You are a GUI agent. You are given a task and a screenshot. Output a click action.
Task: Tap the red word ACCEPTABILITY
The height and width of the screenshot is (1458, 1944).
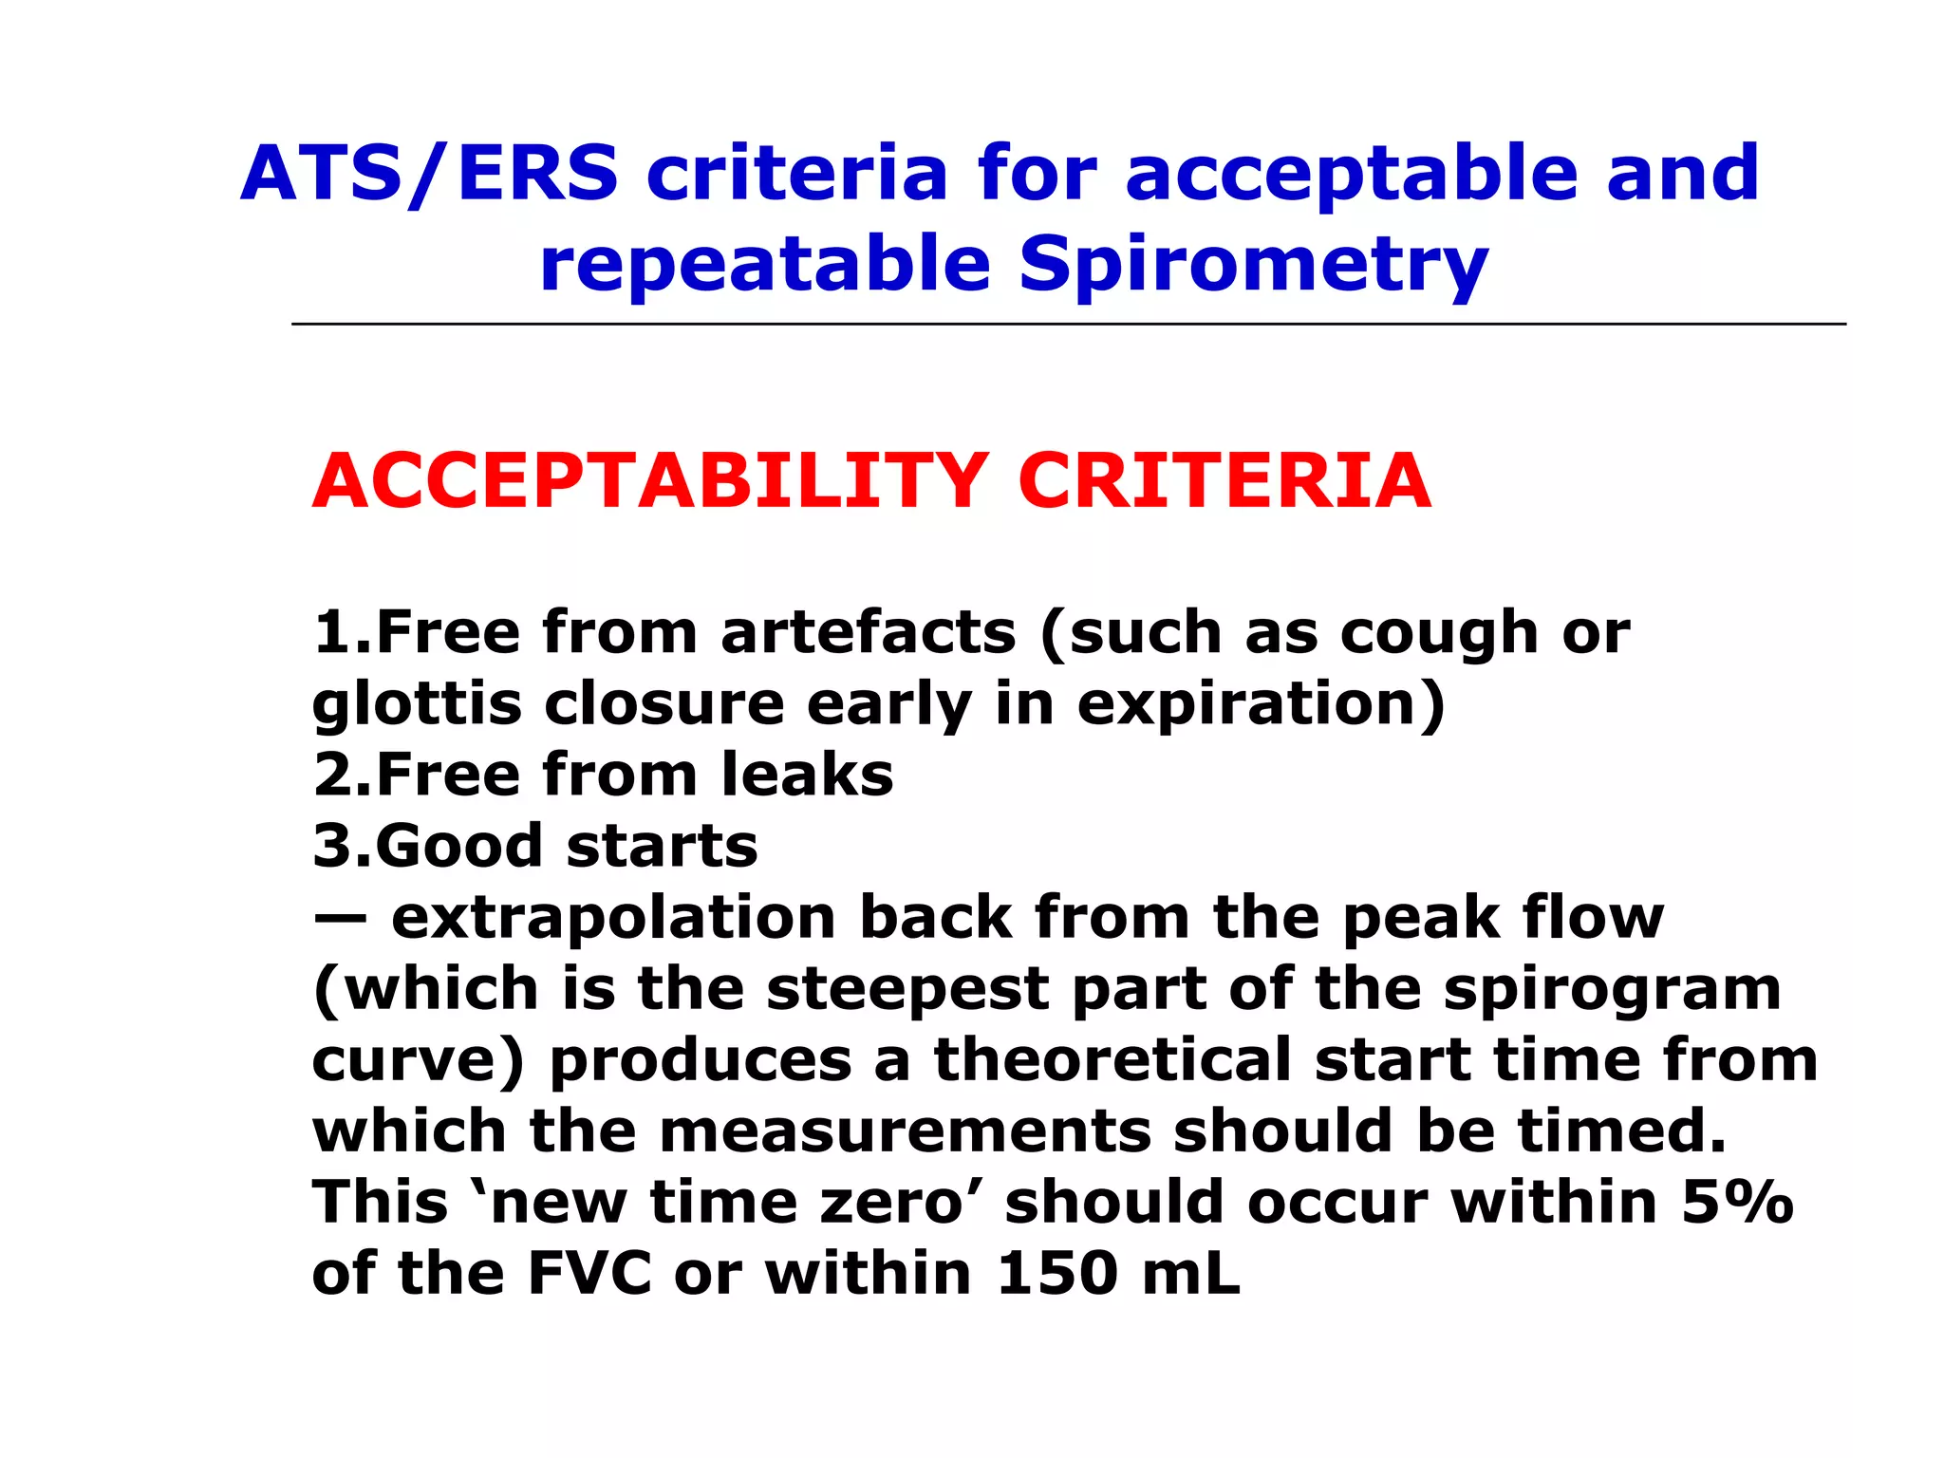click(x=651, y=481)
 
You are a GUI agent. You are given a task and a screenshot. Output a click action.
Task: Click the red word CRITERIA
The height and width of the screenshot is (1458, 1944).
click(x=1224, y=481)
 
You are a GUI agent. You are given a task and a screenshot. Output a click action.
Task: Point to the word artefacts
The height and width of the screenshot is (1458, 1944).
click(x=869, y=632)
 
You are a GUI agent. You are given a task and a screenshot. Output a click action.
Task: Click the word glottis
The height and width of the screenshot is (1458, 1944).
click(x=417, y=704)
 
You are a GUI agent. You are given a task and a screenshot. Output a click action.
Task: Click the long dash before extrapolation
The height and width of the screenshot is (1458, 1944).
click(x=339, y=918)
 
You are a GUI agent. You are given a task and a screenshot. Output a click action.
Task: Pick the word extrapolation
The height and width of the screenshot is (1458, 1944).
click(x=613, y=918)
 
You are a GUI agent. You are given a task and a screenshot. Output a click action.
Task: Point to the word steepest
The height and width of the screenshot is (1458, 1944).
click(x=907, y=989)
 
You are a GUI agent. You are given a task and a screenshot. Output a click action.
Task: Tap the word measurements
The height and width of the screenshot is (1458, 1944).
click(x=905, y=1131)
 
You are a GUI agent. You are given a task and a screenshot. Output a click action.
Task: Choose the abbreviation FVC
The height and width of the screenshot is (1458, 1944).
click(x=589, y=1274)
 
